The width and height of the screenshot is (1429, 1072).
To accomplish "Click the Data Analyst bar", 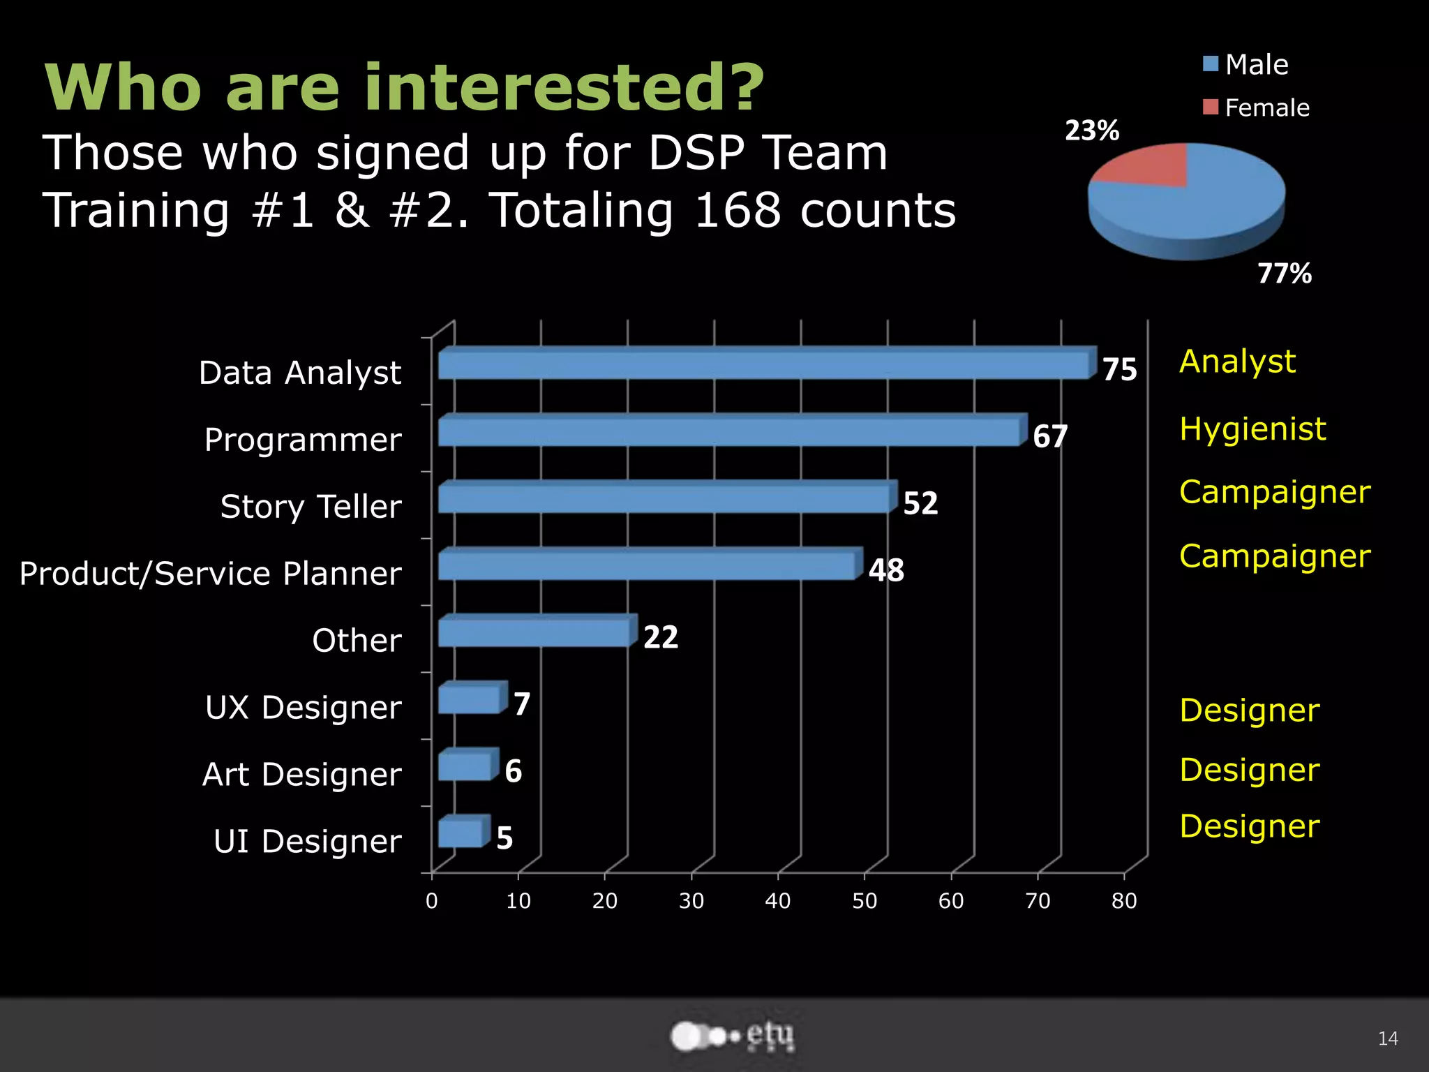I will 764,364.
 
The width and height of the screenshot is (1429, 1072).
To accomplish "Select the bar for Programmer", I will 729,431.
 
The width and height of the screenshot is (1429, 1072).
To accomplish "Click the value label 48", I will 886,570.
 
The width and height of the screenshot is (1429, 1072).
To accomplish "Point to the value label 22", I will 660,637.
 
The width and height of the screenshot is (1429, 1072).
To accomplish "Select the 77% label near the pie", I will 1285,274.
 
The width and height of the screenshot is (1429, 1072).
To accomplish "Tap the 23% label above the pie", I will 1092,131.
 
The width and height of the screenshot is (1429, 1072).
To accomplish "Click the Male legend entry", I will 1246,65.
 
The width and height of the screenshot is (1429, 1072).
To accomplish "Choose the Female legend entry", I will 1257,108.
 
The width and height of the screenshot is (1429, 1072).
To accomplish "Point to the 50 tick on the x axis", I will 865,901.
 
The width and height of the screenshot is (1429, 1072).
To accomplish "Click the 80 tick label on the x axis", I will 1124,901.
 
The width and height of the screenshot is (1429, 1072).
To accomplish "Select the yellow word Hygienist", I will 1252,429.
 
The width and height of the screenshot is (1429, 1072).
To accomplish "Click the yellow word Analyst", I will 1237,362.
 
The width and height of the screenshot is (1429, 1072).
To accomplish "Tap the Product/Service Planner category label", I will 210,574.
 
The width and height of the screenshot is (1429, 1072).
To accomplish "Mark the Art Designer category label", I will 301,775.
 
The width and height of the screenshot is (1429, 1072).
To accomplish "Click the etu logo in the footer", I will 733,1036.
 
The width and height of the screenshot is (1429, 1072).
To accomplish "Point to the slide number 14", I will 1388,1038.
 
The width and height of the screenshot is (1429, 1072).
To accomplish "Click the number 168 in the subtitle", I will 738,210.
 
